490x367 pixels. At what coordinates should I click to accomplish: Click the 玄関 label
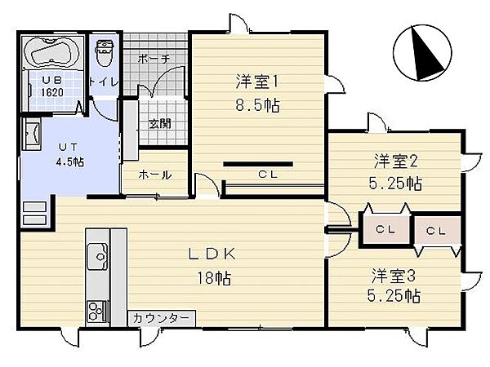pos(160,124)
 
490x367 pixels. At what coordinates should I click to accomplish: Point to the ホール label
pos(154,175)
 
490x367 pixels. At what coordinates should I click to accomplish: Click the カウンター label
pos(160,318)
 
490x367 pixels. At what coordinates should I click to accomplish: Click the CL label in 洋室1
pos(267,174)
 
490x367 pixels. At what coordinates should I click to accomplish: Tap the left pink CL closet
pos(385,230)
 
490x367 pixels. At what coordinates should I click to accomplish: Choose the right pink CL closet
pos(436,230)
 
